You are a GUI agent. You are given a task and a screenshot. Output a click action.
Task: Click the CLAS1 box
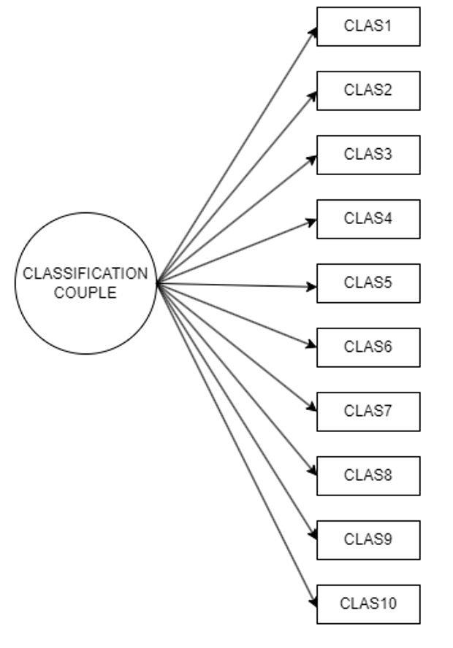pyautogui.click(x=368, y=26)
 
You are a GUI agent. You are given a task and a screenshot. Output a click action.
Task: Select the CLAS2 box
pyautogui.click(x=368, y=90)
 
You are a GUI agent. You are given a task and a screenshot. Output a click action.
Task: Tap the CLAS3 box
pyautogui.click(x=368, y=155)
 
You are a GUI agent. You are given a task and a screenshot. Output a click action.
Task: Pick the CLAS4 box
pyautogui.click(x=368, y=219)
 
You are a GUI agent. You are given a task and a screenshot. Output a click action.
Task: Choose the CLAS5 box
pyautogui.click(x=368, y=283)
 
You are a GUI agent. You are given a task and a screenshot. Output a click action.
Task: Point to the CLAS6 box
pyautogui.click(x=368, y=347)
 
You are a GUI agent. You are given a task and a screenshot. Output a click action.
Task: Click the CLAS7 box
pyautogui.click(x=368, y=412)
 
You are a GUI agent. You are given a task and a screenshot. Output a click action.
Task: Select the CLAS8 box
pyautogui.click(x=368, y=476)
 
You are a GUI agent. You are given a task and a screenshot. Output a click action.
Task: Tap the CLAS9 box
pyautogui.click(x=368, y=540)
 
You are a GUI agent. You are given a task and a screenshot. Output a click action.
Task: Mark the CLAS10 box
pyautogui.click(x=368, y=604)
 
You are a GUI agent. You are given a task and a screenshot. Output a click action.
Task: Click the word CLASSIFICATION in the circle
pyautogui.click(x=85, y=274)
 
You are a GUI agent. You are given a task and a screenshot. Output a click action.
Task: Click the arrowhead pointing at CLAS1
pyautogui.click(x=313, y=31)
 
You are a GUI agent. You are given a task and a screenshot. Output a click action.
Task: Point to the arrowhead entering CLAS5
pyautogui.click(x=312, y=287)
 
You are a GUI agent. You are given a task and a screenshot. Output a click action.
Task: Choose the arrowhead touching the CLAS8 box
pyautogui.click(x=312, y=472)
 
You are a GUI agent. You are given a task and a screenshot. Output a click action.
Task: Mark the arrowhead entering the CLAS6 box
pyautogui.click(x=312, y=345)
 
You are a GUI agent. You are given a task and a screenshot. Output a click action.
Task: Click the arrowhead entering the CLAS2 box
pyautogui.click(x=312, y=95)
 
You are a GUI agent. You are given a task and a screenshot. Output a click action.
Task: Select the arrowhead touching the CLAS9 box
pyautogui.click(x=313, y=536)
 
